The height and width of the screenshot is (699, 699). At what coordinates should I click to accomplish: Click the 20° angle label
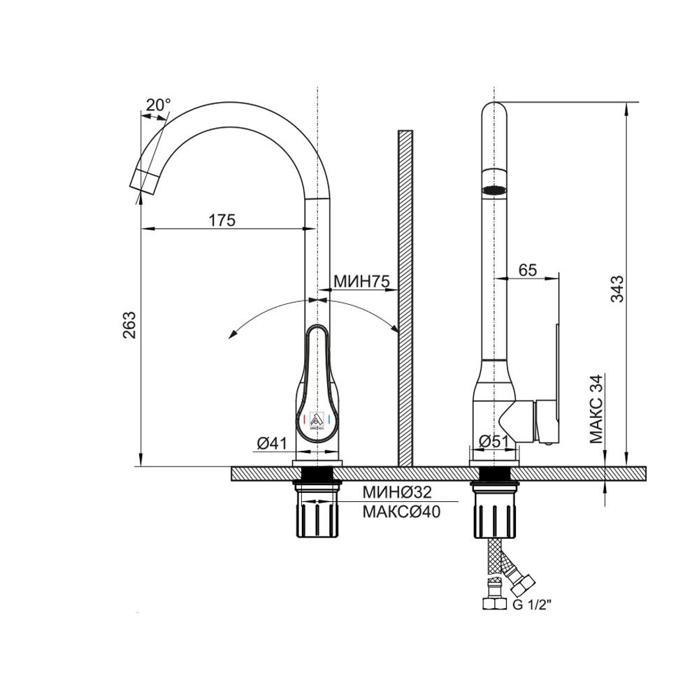[158, 105]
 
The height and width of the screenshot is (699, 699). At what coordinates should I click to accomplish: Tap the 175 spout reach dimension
[222, 219]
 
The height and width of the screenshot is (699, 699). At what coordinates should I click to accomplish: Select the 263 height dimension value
[129, 325]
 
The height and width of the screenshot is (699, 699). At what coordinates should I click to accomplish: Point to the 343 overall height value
[617, 289]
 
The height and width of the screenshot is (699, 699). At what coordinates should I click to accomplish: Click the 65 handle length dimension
[528, 270]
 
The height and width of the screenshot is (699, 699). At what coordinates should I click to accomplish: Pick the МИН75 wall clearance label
[361, 281]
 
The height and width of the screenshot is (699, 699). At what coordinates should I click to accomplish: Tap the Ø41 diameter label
[271, 443]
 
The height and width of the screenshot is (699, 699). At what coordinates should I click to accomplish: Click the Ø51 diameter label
[493, 441]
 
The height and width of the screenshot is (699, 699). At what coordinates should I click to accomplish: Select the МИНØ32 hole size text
[397, 492]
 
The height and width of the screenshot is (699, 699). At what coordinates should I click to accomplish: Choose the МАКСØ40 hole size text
[401, 512]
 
